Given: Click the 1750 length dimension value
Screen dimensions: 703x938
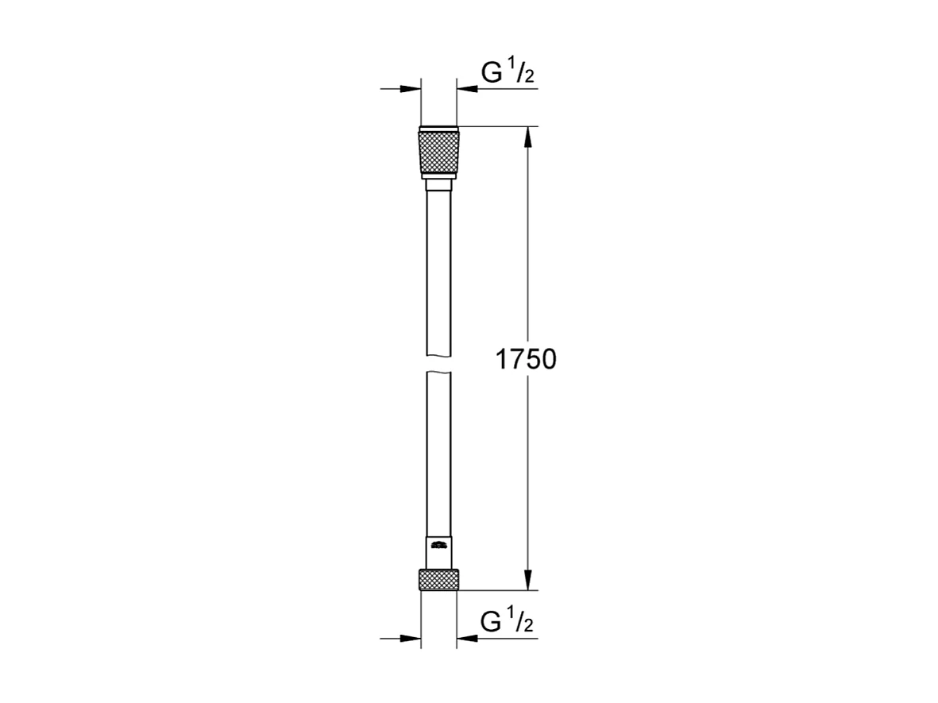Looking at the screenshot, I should point(526,360).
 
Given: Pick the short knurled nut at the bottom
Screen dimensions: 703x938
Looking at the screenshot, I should point(438,579).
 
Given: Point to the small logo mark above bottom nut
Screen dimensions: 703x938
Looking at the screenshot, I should point(438,545).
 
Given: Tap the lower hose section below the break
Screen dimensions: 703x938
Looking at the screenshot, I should point(438,453).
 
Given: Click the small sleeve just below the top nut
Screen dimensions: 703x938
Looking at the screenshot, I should point(438,186).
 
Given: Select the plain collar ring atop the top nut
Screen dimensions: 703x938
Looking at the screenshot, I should point(438,129).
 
